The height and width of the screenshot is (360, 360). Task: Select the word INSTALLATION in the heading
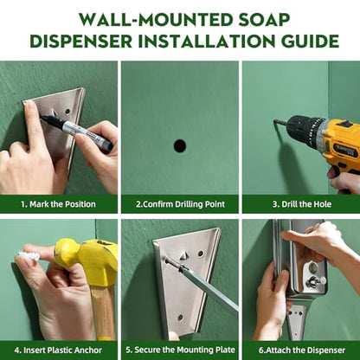click(x=207, y=42)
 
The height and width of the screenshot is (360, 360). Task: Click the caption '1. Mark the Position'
click(x=58, y=204)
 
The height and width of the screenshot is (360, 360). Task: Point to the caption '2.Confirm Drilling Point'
click(x=180, y=204)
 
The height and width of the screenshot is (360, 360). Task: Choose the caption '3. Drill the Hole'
click(x=302, y=204)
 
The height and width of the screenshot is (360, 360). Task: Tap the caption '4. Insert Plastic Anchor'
click(x=58, y=350)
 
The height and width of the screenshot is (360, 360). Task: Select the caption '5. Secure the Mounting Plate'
click(x=180, y=350)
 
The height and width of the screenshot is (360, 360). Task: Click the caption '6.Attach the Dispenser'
click(x=302, y=350)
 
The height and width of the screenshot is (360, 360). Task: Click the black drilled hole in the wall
click(x=180, y=146)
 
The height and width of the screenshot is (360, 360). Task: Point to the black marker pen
click(x=76, y=132)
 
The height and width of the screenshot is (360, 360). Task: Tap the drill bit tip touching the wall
click(x=275, y=121)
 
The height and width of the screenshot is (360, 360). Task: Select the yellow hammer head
click(x=87, y=260)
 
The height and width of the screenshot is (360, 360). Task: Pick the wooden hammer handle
click(x=103, y=313)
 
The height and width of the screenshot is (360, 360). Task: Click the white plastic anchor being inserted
click(x=29, y=255)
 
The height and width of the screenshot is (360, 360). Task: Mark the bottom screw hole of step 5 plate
click(x=180, y=318)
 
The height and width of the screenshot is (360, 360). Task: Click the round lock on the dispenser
click(x=312, y=268)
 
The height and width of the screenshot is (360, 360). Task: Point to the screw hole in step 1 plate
click(x=68, y=111)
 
